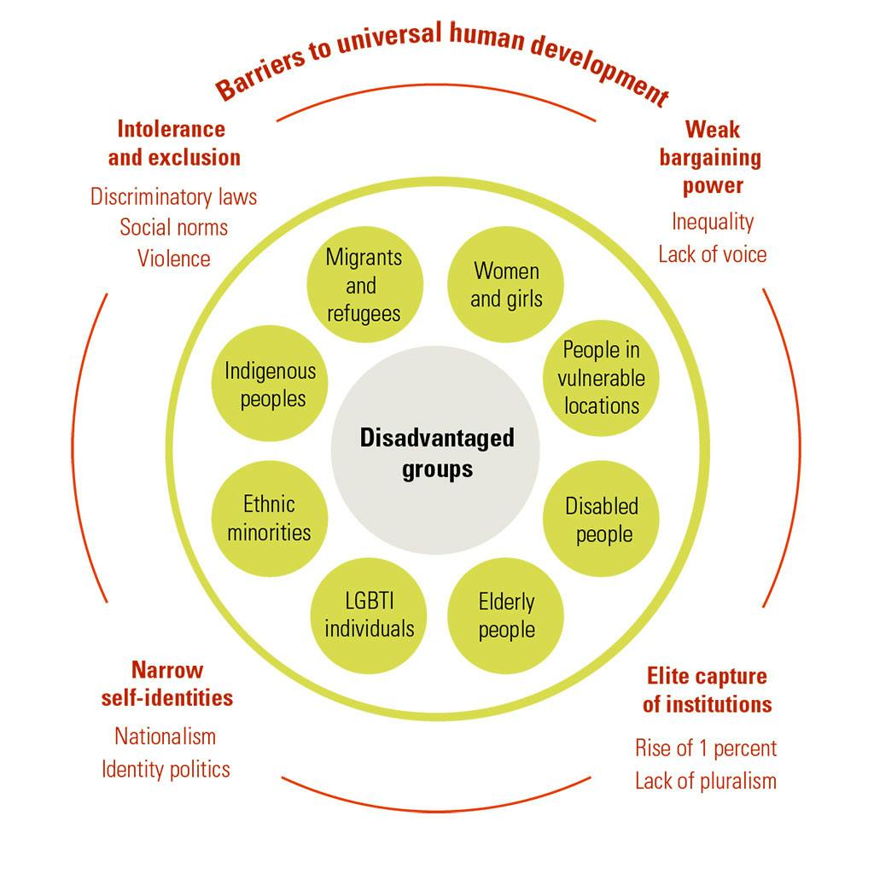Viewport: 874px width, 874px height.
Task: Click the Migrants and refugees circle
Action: tap(364, 284)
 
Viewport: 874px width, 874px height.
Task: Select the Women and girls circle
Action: tap(506, 284)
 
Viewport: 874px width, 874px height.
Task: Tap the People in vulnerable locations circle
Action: tap(602, 377)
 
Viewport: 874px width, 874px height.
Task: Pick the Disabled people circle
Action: tap(603, 520)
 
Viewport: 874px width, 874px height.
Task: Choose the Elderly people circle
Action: tap(506, 615)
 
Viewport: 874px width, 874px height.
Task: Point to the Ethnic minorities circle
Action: tap(269, 517)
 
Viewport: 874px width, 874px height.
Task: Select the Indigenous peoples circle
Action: tap(270, 384)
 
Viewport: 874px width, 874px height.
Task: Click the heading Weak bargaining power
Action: tap(712, 157)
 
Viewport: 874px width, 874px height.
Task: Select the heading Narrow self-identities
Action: tap(167, 684)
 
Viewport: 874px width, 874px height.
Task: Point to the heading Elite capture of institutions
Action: tap(707, 690)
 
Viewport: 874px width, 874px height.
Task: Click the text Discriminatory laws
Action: tap(174, 196)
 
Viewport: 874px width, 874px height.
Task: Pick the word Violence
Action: tap(174, 258)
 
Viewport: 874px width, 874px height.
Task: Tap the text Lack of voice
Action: tap(712, 253)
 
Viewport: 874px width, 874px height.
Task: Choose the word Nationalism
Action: tap(166, 736)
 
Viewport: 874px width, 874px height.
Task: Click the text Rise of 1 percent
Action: tap(706, 749)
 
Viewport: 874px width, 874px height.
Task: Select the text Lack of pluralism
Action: tap(706, 780)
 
